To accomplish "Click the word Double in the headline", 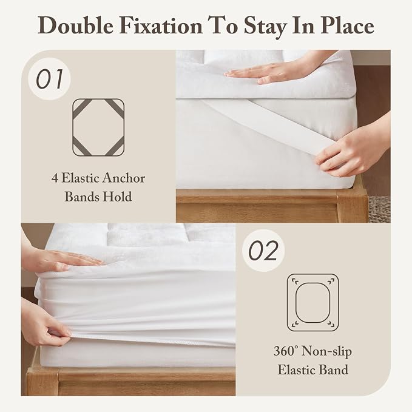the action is [x=76, y=25].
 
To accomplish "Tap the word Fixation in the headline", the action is [x=161, y=25].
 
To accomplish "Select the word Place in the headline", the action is [x=347, y=25].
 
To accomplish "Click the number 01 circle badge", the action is [x=49, y=79].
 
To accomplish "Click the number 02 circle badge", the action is [x=263, y=251].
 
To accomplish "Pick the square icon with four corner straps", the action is [x=98, y=127].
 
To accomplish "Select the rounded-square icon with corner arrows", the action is [x=312, y=302].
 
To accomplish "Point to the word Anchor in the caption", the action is [x=124, y=178].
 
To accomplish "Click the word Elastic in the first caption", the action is [x=81, y=178].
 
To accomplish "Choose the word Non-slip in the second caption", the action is [x=326, y=351].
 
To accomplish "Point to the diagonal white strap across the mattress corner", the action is [x=263, y=126].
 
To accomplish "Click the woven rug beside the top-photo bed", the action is [x=379, y=209].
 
